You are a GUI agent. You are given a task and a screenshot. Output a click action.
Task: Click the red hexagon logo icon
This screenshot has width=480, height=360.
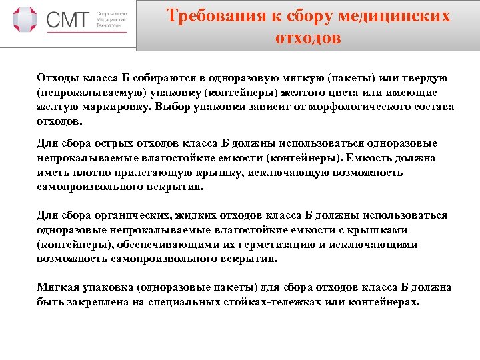click(x=25, y=20)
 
